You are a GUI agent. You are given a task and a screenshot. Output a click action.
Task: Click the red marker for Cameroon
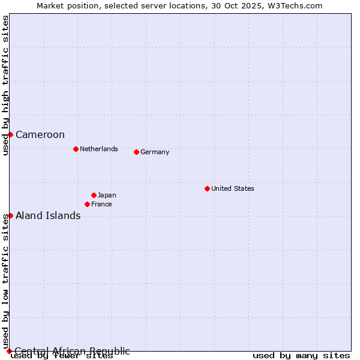10,134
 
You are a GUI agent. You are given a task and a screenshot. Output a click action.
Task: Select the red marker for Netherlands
76,149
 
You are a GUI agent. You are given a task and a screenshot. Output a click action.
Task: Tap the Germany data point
136,152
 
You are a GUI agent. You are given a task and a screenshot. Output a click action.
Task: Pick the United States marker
207,188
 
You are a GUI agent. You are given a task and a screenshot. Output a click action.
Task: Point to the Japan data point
94,195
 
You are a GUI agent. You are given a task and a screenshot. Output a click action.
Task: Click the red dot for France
87,204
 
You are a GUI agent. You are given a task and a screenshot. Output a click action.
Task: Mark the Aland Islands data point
10,215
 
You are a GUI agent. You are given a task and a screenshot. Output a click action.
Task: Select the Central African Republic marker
9,351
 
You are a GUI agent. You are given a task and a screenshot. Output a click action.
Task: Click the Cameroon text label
40,134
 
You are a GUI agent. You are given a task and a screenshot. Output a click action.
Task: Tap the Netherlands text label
98,149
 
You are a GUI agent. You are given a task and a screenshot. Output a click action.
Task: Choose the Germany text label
155,152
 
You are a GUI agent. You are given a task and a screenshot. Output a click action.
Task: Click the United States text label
232,188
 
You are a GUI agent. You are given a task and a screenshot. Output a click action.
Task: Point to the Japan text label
107,195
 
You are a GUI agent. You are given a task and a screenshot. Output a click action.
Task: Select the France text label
101,204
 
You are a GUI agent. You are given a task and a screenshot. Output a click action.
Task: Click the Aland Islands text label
48,215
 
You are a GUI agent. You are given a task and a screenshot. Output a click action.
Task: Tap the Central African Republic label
72,351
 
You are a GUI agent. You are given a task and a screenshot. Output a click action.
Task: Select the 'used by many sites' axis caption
301,356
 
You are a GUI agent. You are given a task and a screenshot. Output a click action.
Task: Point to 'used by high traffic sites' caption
5,85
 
